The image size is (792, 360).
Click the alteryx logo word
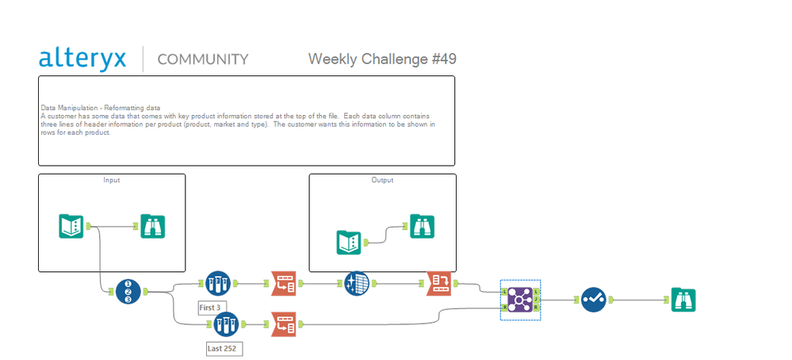click(x=82, y=58)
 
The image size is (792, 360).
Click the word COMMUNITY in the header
click(x=203, y=59)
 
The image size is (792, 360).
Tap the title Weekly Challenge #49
click(x=382, y=59)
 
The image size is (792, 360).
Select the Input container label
click(x=112, y=180)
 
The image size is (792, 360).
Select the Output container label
click(x=382, y=180)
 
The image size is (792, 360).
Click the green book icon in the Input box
click(x=71, y=226)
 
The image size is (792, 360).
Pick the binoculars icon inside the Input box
click(x=153, y=227)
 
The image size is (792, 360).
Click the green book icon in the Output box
click(x=349, y=241)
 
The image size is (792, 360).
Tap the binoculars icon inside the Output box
click(x=422, y=227)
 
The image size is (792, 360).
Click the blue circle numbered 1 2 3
click(x=128, y=292)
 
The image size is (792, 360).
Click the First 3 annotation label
click(x=212, y=307)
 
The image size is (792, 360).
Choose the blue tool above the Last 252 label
click(x=226, y=324)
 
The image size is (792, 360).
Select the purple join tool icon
click(x=520, y=300)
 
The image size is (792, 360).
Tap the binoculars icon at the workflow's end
click(x=683, y=300)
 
